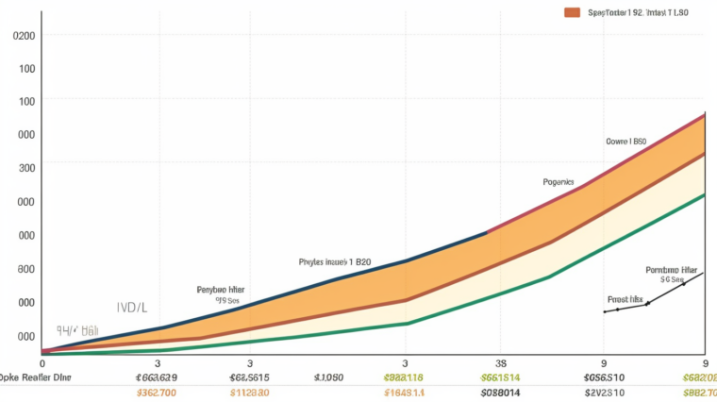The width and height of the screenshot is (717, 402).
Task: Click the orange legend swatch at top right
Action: click(x=571, y=12)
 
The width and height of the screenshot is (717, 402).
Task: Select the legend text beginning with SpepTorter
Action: click(x=625, y=13)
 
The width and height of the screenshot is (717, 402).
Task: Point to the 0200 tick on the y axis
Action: click(x=25, y=36)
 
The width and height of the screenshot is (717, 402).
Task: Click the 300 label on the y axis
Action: click(x=26, y=168)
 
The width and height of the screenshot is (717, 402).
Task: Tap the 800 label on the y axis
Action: click(x=26, y=269)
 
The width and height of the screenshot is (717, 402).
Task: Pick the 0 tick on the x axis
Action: click(x=42, y=362)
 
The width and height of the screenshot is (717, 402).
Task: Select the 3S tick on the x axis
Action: click(x=501, y=362)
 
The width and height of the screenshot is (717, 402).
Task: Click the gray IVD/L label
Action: click(x=131, y=308)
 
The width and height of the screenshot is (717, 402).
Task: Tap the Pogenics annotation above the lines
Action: click(x=558, y=181)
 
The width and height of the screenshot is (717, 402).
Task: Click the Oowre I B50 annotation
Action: click(x=625, y=142)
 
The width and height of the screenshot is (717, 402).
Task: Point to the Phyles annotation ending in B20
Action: click(x=334, y=261)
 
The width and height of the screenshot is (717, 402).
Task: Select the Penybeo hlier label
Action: click(x=222, y=290)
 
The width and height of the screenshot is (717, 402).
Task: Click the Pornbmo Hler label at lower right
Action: click(x=671, y=269)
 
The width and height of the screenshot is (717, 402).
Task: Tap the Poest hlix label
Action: click(x=625, y=299)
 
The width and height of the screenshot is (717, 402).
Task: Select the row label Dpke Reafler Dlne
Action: click(x=35, y=377)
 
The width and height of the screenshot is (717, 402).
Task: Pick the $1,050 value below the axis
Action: click(x=328, y=377)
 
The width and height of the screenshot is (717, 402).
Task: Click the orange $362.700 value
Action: click(x=157, y=393)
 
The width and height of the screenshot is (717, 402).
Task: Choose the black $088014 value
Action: click(x=500, y=393)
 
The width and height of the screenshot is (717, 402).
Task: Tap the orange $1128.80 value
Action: click(x=249, y=393)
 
